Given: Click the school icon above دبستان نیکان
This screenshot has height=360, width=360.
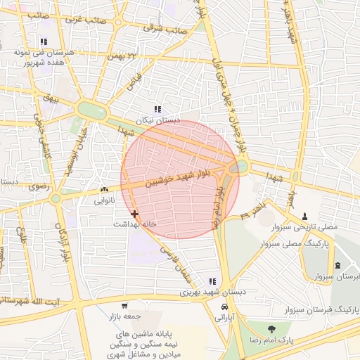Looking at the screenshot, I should pos(157,109).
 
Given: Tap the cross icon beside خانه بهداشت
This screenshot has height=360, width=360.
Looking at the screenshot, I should pos(134,213).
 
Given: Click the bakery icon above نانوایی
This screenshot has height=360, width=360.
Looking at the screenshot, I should pos(104,189).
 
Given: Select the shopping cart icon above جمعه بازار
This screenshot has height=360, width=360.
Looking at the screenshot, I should pos(124,306).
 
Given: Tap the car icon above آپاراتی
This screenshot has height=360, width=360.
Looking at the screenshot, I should pos(224,307).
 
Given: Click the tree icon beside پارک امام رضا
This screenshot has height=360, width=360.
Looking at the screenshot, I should pos(271,328).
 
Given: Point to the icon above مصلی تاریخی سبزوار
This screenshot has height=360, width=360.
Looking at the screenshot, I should pos(304,216).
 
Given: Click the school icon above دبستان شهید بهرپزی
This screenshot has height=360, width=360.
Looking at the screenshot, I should pos(212,281).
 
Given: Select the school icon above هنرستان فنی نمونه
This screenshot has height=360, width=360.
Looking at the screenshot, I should pos(44,41).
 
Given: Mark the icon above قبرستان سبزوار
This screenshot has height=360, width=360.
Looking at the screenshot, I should pos(338,265).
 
